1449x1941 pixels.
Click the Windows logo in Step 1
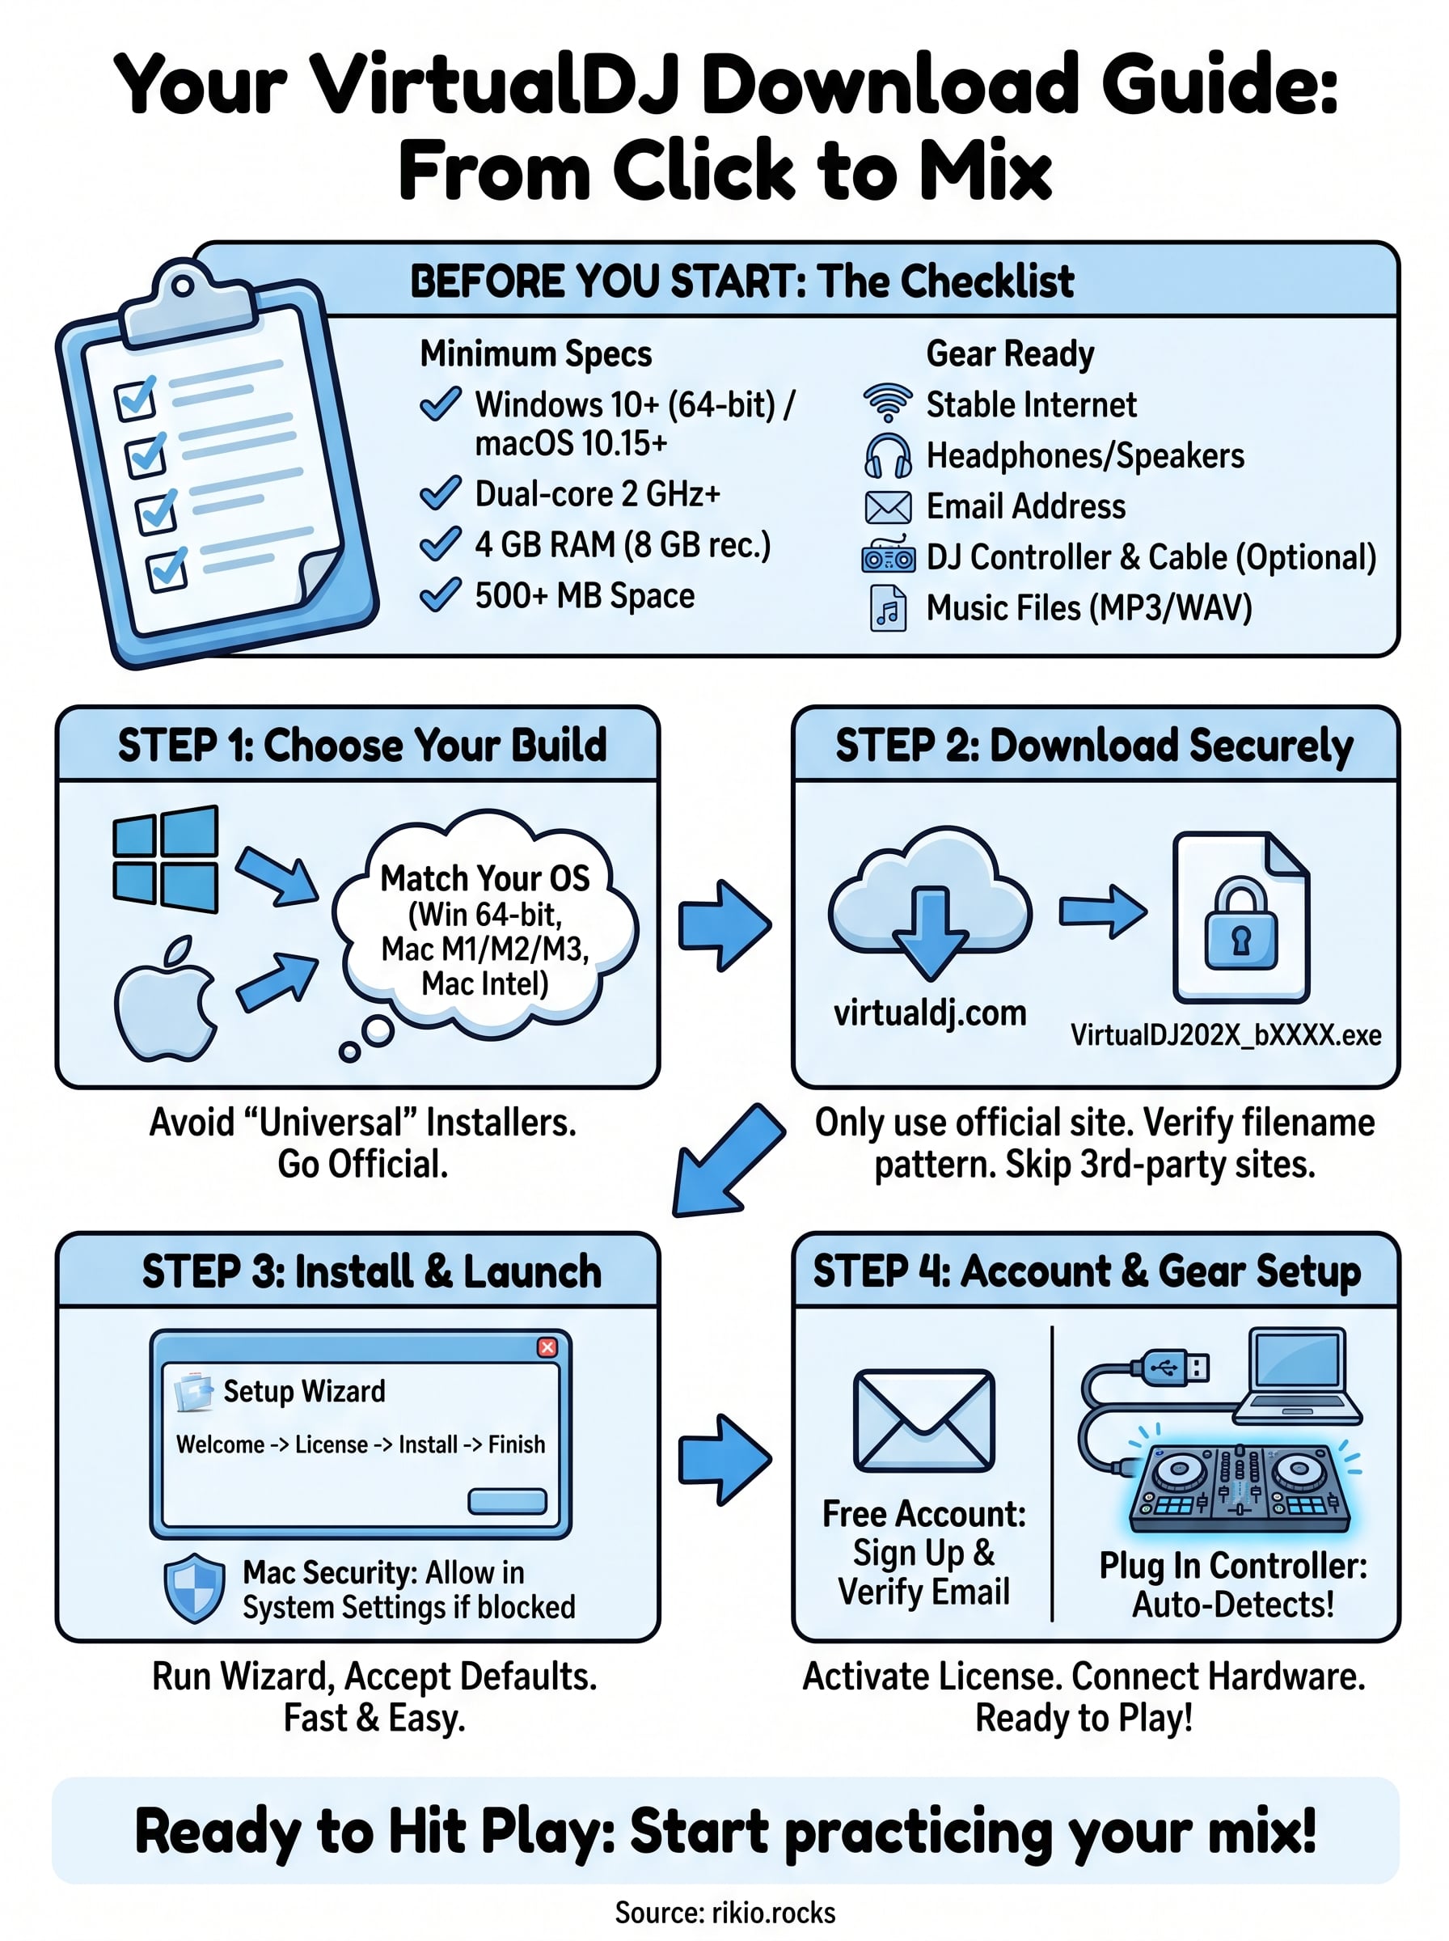pyautogui.click(x=165, y=859)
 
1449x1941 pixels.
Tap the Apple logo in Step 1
pyautogui.click(x=166, y=999)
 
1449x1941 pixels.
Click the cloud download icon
pyautogui.click(x=930, y=903)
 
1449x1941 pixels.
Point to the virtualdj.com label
pyautogui.click(x=930, y=1013)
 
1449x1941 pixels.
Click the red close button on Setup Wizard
pyautogui.click(x=547, y=1347)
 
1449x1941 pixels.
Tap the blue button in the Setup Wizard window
pyautogui.click(x=507, y=1501)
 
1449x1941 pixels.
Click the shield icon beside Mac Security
pyautogui.click(x=195, y=1588)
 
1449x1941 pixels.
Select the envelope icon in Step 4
pyautogui.click(x=923, y=1420)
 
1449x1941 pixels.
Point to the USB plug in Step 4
pyautogui.click(x=1170, y=1367)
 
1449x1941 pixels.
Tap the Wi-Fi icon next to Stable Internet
pyautogui.click(x=888, y=404)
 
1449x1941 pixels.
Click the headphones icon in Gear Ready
pyautogui.click(x=888, y=455)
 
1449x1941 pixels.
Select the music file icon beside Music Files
pyautogui.click(x=888, y=608)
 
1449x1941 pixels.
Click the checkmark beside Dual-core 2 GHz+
pyautogui.click(x=441, y=493)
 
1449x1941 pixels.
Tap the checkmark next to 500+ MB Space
pyautogui.click(x=441, y=594)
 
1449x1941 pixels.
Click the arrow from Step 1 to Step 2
pyautogui.click(x=724, y=925)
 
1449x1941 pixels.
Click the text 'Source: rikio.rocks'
pyautogui.click(x=724, y=1912)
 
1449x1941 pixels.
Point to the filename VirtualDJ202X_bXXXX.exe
pyautogui.click(x=1225, y=1035)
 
